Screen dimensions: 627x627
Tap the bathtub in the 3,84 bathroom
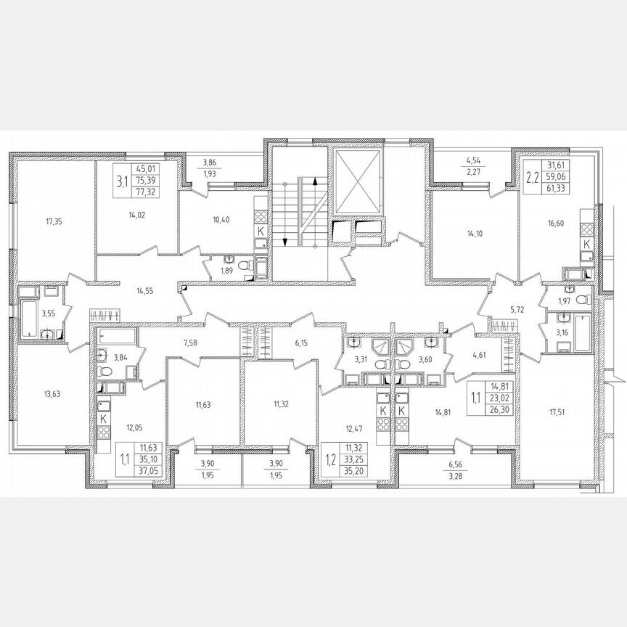[x=117, y=338]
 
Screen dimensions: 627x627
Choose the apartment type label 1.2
[x=331, y=458]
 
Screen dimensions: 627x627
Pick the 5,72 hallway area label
[x=516, y=309]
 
